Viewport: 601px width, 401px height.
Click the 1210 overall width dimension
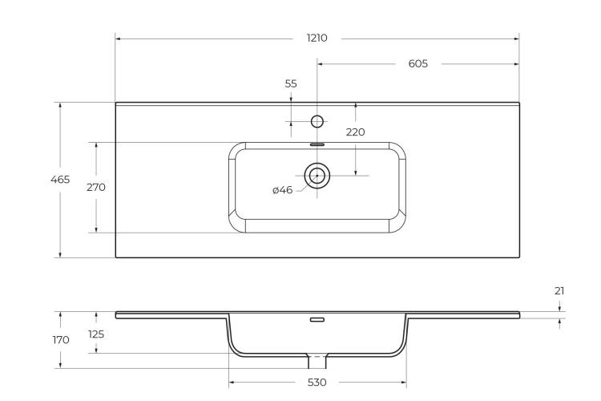pos(317,38)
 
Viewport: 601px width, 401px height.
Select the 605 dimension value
pos(417,63)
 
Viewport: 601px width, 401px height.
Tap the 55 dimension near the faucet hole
pos(291,83)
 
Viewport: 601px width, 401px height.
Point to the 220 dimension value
pos(355,132)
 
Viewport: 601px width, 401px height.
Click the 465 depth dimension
pos(60,179)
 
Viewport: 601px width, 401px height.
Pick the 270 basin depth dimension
pos(96,187)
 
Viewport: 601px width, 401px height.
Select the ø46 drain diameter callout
pos(283,190)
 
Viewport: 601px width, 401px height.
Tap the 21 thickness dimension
pos(559,291)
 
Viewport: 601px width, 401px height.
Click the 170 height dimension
pos(61,340)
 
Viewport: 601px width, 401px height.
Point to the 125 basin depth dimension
pos(96,334)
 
